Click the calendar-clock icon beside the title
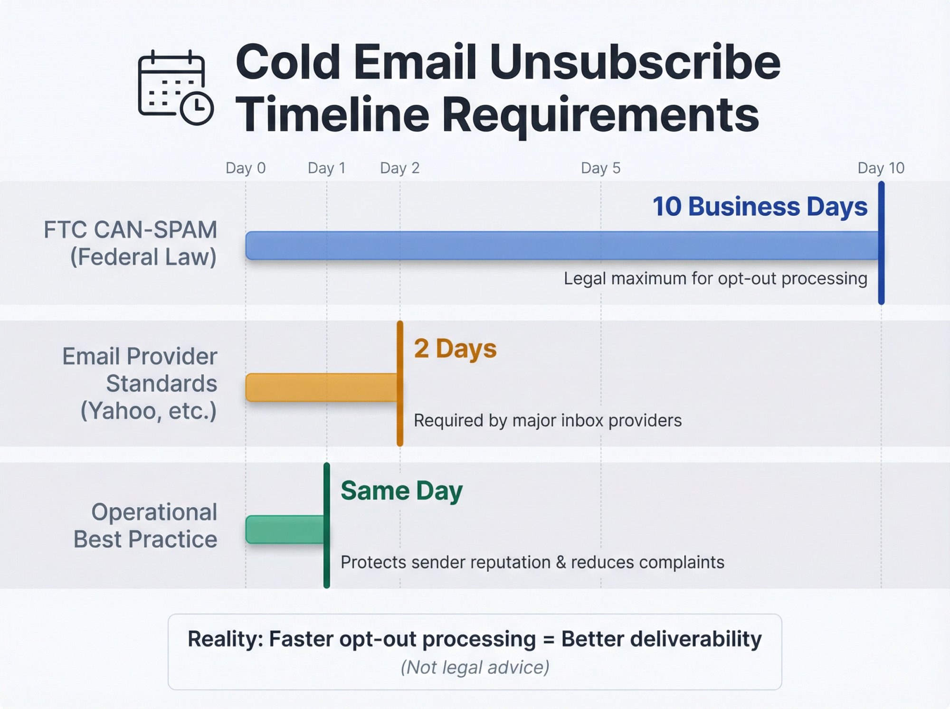click(175, 87)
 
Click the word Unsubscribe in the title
click(635, 62)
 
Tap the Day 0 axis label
click(245, 168)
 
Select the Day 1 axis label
click(326, 168)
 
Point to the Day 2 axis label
click(399, 168)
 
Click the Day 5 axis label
click(600, 168)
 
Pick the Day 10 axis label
click(881, 168)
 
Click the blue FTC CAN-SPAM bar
click(560, 246)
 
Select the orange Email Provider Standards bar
click(321, 388)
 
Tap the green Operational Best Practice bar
click(285, 529)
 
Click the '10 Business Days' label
click(760, 207)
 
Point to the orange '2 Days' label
click(455, 349)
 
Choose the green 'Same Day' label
click(401, 491)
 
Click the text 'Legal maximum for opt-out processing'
click(715, 278)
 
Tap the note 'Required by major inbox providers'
click(547, 420)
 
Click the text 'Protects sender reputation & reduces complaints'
click(532, 562)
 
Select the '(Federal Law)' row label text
click(143, 257)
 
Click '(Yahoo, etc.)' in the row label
click(148, 411)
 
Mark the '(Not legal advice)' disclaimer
click(475, 667)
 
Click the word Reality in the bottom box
click(225, 639)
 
